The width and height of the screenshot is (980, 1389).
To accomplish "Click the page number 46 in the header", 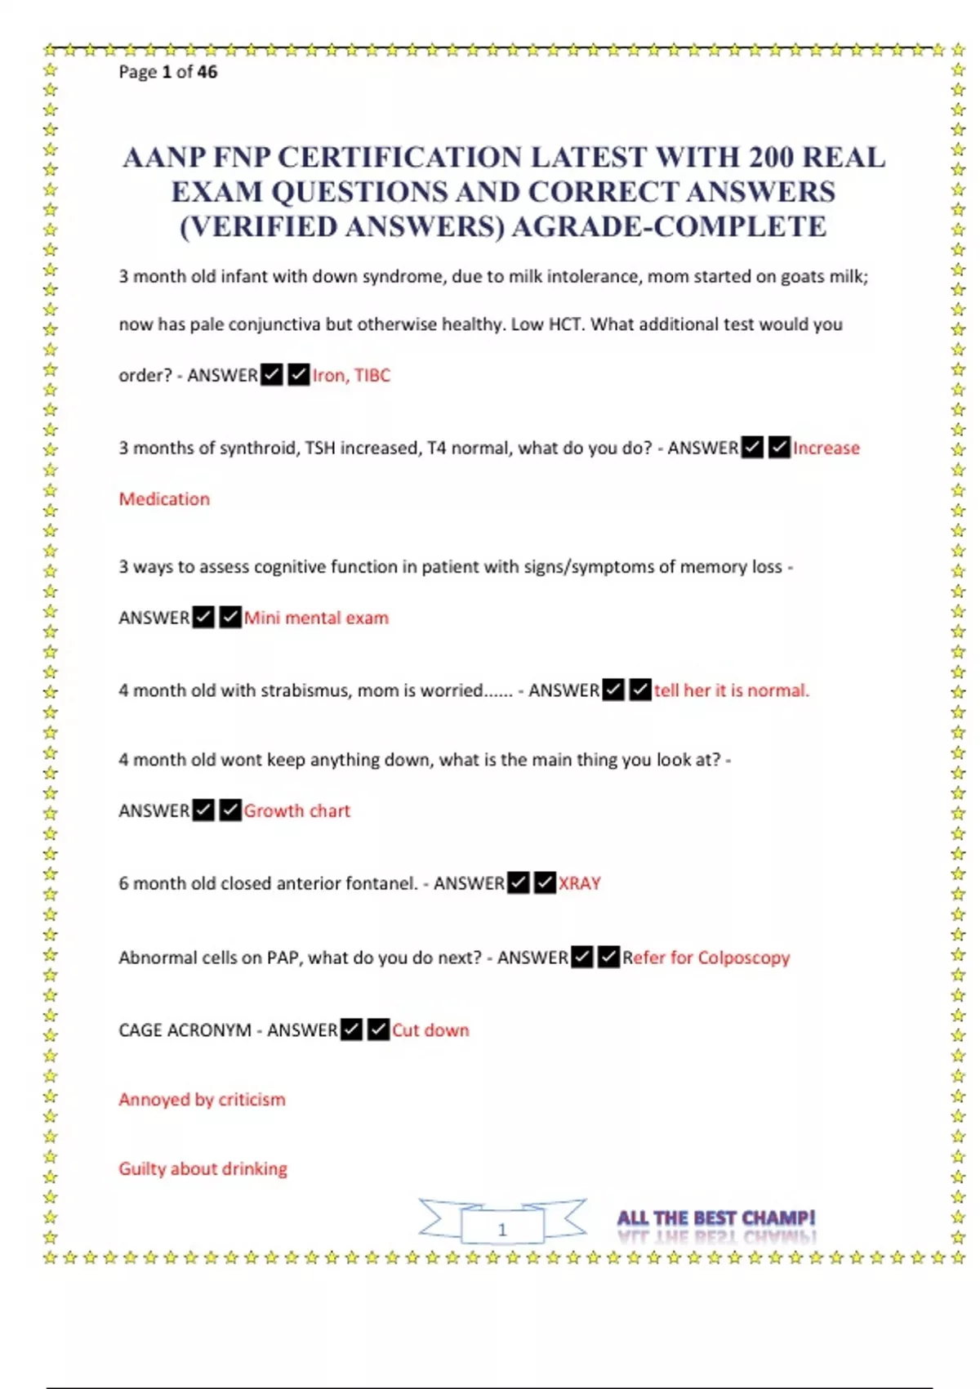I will tap(207, 72).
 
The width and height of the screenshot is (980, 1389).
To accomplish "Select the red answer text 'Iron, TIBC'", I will tap(351, 375).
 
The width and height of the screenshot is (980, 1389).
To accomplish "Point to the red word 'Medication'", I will tap(164, 498).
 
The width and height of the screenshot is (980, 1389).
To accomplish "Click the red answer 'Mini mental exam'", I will tap(316, 618).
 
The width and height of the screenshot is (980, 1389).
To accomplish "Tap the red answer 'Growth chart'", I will tap(296, 811).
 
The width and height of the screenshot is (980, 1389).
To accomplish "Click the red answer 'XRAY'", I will tap(579, 883).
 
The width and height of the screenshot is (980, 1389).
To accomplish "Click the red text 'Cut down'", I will tap(430, 1030).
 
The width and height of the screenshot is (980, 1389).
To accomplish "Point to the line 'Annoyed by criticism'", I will tap(202, 1100).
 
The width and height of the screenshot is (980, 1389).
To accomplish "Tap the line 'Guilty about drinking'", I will tap(203, 1169).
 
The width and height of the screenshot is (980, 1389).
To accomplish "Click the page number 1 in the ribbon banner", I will tap(502, 1229).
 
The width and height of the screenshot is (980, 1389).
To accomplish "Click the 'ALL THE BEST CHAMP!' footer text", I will tap(715, 1218).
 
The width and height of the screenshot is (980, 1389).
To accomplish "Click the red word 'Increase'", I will tap(826, 448).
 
